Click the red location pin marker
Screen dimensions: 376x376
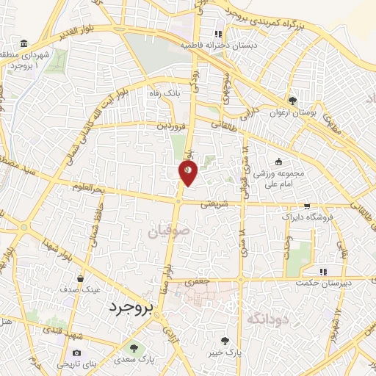(x=188, y=173)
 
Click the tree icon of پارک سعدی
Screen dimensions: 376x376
(x=134, y=347)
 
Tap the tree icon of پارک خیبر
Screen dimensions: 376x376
(x=225, y=340)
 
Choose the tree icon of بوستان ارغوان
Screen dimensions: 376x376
(x=293, y=100)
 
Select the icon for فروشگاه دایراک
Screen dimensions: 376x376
(x=307, y=206)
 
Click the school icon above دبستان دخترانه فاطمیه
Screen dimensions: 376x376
(x=217, y=34)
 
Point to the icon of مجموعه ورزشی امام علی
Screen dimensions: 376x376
(x=278, y=162)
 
